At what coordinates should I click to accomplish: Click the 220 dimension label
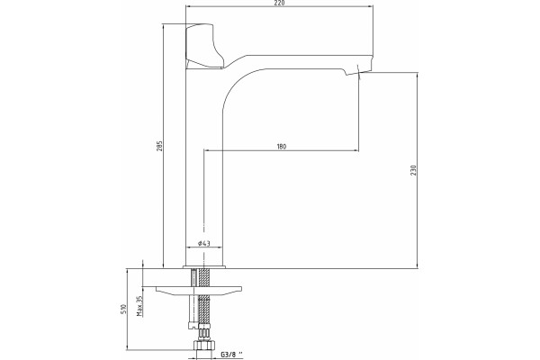click(x=280, y=3)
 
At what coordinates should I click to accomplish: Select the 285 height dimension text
click(x=159, y=146)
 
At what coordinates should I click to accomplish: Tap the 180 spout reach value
click(x=282, y=147)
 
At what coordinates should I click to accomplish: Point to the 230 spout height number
click(x=414, y=170)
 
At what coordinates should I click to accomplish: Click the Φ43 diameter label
click(x=204, y=244)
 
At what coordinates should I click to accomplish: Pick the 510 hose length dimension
click(x=124, y=310)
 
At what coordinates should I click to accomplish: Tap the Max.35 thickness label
click(x=139, y=306)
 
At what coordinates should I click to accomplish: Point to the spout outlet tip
click(x=358, y=73)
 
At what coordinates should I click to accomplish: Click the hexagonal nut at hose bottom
click(x=204, y=345)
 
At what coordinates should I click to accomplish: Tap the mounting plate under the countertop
click(x=199, y=291)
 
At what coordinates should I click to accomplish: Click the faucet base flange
click(x=204, y=266)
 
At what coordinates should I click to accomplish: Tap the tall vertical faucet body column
click(x=204, y=166)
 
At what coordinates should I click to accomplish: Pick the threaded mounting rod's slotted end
click(x=193, y=325)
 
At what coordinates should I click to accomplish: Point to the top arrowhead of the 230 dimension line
click(x=418, y=75)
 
